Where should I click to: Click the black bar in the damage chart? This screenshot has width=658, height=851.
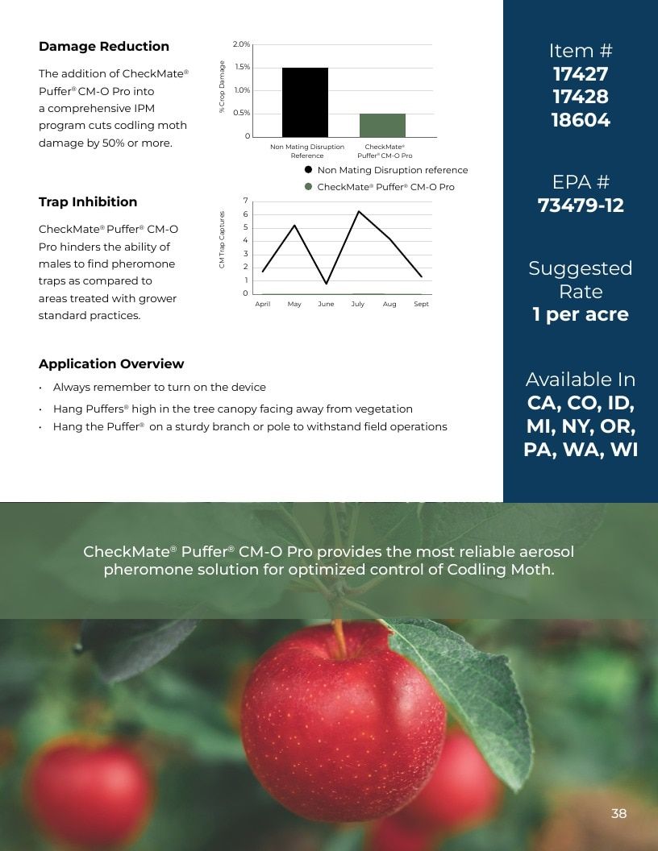point(305,102)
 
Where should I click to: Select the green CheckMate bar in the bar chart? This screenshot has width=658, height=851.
point(382,126)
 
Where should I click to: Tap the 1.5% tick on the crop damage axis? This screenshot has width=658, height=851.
point(242,68)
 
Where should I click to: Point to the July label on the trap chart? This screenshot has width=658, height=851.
point(358,304)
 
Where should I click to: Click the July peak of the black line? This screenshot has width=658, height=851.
point(358,211)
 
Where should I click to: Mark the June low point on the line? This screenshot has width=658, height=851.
point(327,284)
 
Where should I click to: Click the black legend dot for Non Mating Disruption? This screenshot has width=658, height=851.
point(308,170)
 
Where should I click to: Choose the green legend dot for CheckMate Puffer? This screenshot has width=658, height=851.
point(308,187)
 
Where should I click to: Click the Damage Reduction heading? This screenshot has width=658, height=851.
point(104,47)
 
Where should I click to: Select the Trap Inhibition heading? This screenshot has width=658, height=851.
point(88,202)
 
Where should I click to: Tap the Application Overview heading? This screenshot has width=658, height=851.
point(111,363)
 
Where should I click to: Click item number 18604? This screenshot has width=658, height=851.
point(581,120)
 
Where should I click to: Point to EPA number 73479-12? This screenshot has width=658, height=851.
point(581,205)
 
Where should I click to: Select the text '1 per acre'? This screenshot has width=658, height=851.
point(581,314)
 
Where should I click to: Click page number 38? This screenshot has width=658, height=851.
point(619,813)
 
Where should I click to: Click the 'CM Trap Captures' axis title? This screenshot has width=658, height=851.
point(222,239)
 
